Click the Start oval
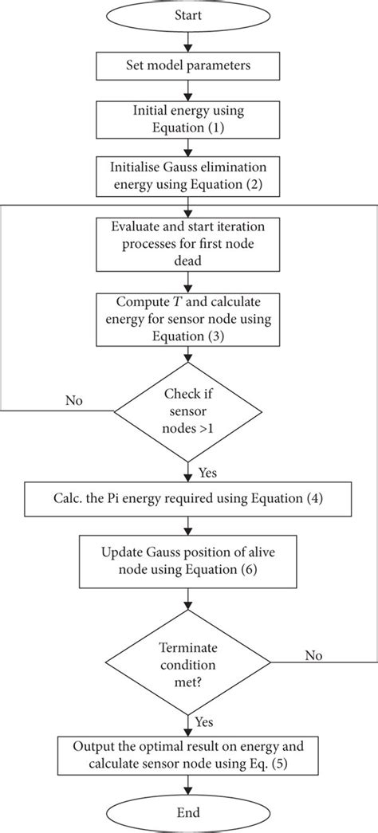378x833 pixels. point(187,16)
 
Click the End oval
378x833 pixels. point(187,814)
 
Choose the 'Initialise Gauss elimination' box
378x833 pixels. point(187,174)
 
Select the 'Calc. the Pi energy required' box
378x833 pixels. point(187,499)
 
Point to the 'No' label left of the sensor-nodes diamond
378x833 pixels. point(74,399)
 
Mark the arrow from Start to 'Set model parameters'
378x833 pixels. point(187,39)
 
